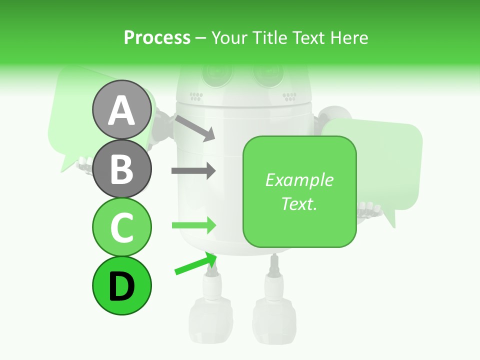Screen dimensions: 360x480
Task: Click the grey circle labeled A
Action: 121,109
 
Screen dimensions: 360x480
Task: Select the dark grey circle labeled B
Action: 121,168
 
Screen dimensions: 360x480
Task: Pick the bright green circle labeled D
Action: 121,286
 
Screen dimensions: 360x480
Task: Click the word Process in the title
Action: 157,37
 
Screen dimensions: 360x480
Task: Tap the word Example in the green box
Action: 299,180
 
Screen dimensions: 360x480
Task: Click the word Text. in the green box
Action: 299,203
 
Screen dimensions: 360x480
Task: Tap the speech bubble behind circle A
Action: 70,115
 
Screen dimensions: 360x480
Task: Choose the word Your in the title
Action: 229,37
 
